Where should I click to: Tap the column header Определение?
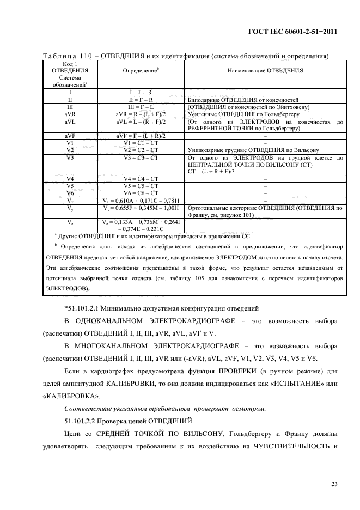140,70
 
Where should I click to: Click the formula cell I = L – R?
140,93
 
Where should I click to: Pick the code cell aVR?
70,114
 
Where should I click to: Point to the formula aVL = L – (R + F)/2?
140,122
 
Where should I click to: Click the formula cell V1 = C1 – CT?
140,143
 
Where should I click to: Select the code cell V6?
70,192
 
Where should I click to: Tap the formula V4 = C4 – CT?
140,178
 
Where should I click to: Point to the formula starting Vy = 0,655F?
140,208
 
